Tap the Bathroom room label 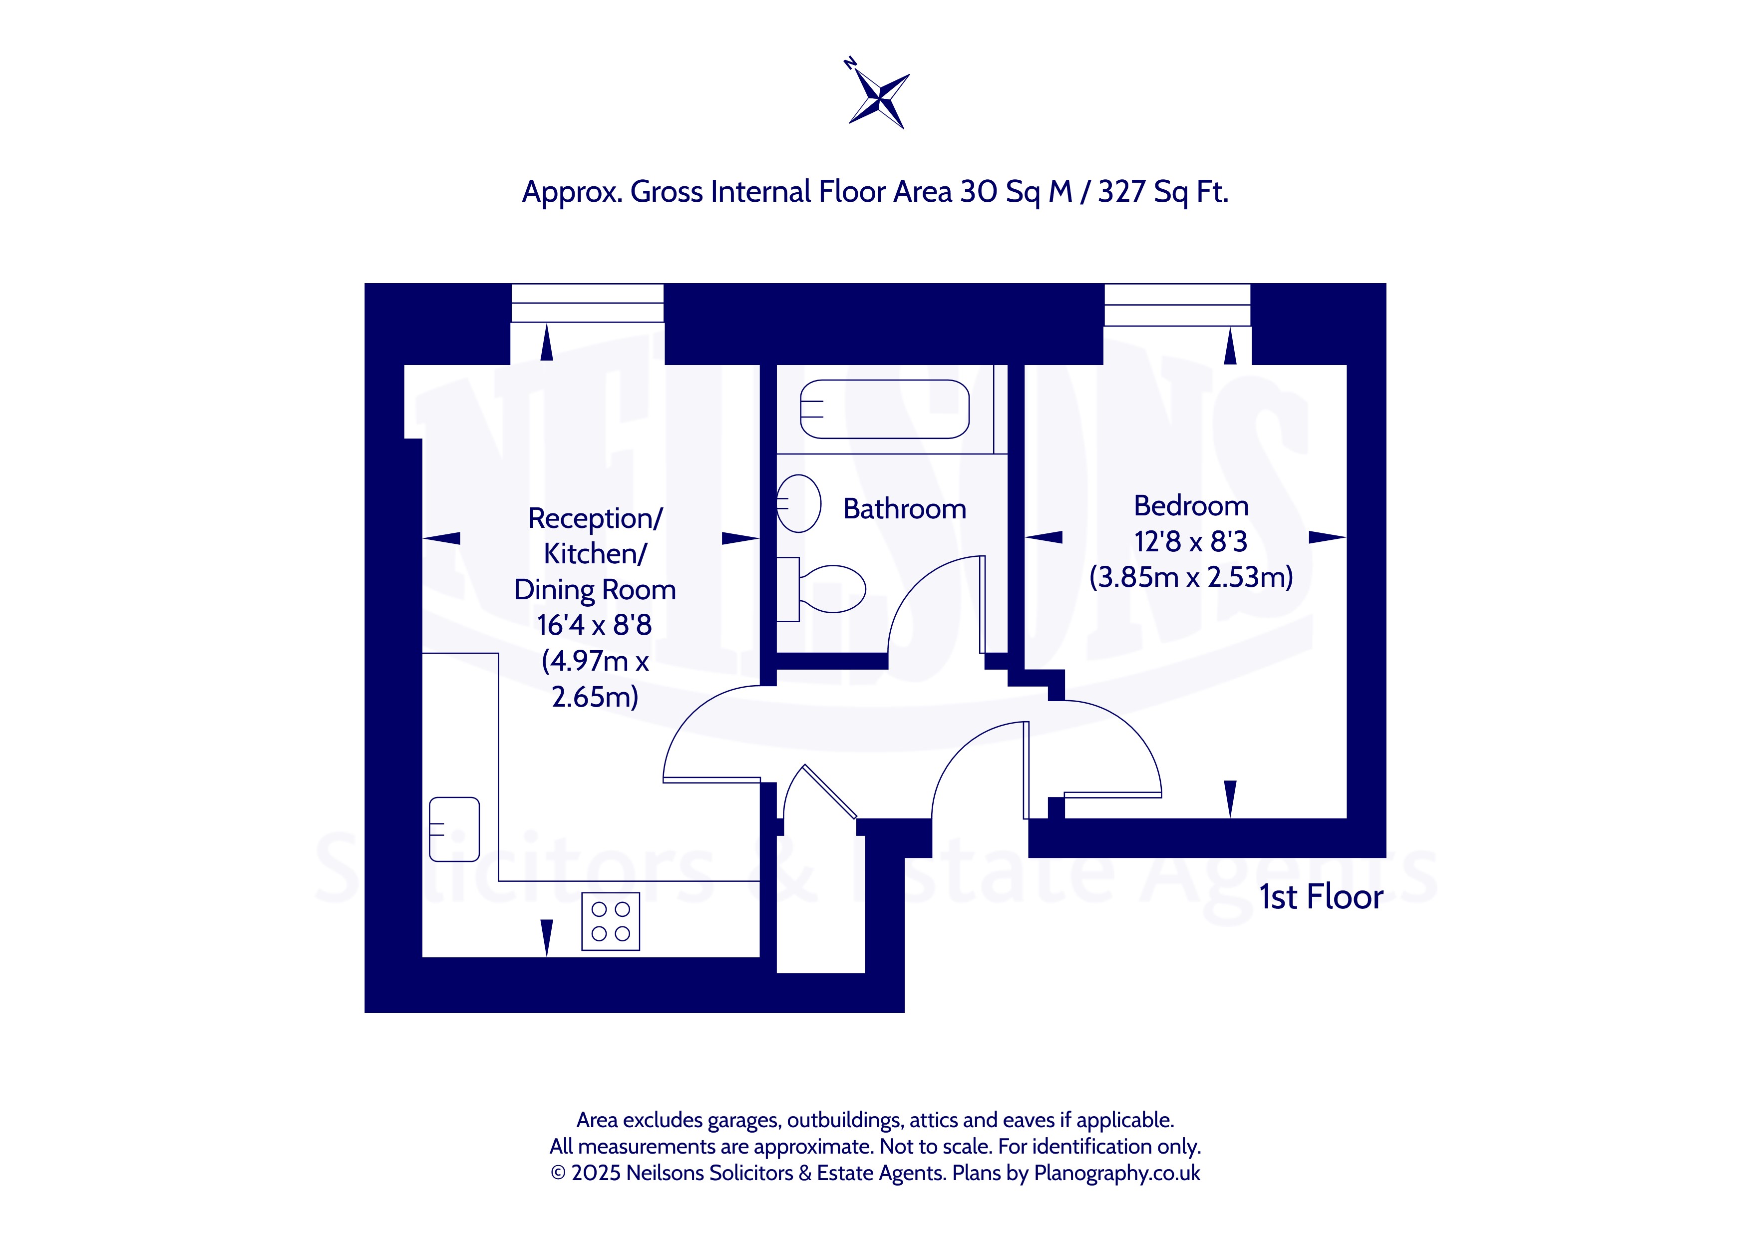pos(905,509)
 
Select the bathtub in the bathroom pos(885,409)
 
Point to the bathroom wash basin pos(798,503)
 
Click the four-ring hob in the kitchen pos(610,921)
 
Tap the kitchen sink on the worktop pos(454,829)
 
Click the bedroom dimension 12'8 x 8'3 pos(1190,542)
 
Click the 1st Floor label pos(1321,897)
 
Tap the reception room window pos(587,303)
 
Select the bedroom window pos(1177,305)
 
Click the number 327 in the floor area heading pos(1121,191)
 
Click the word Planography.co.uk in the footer pos(1117,1174)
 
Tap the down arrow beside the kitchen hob pos(547,938)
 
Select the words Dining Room pos(595,590)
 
